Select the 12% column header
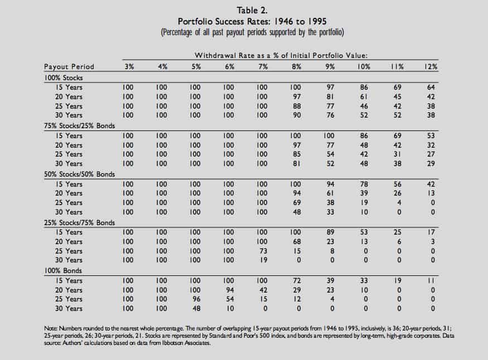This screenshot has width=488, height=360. (x=430, y=67)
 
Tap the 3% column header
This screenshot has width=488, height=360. (x=129, y=67)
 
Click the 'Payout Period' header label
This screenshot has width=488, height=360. (x=69, y=67)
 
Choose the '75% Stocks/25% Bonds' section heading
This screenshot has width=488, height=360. (x=79, y=126)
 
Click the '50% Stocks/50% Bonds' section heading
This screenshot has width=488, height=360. (x=79, y=174)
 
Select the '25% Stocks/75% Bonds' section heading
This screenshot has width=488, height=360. (x=79, y=223)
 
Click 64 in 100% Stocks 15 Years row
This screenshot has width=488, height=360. (x=430, y=87)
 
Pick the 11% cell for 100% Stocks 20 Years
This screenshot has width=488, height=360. (x=397, y=97)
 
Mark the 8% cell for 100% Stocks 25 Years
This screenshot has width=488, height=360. (x=296, y=106)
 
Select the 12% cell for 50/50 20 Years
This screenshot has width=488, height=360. (x=430, y=193)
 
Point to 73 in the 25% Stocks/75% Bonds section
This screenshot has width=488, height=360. (x=263, y=251)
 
